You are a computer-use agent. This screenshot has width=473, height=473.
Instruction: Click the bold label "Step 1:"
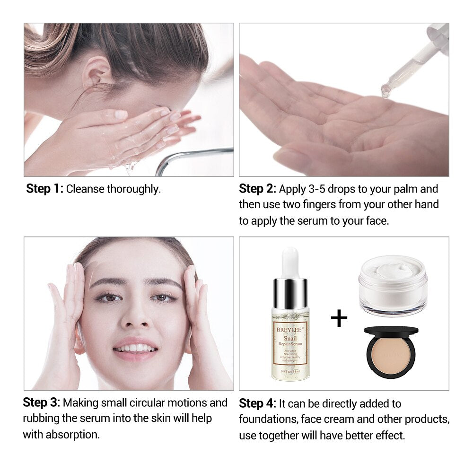[x=45, y=189]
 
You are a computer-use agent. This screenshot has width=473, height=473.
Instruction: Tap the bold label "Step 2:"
[x=257, y=189]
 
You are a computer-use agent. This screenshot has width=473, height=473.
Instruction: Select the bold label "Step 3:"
[x=42, y=403]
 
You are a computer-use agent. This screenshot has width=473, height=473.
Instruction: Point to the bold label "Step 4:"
[x=257, y=403]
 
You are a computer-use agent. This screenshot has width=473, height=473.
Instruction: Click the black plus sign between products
[x=339, y=318]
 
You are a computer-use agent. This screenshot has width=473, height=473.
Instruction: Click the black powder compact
[x=391, y=351]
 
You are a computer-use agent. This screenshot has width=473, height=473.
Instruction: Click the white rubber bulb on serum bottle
[x=290, y=262]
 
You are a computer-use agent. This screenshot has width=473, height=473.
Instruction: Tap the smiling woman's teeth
[x=136, y=349]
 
